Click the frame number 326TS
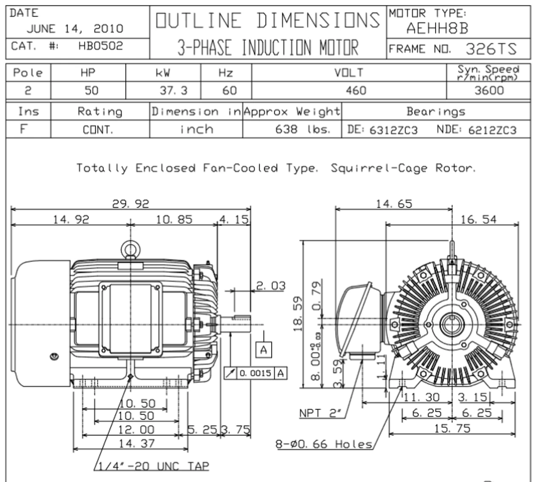[x=491, y=49]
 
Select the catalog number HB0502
[x=100, y=46]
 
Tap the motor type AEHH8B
[x=437, y=28]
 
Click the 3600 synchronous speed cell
[x=489, y=91]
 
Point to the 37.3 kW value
[x=174, y=91]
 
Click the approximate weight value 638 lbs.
[x=302, y=129]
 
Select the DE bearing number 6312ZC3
[x=393, y=130]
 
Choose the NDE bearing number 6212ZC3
[x=492, y=130]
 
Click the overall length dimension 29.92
[x=130, y=204]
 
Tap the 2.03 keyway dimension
[x=271, y=286]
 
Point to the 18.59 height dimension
[x=298, y=314]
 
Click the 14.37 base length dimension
[x=137, y=443]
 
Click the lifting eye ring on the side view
[x=130, y=249]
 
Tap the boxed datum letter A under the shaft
[x=264, y=350]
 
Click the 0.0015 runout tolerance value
[x=255, y=373]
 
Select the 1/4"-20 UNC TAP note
[x=154, y=466]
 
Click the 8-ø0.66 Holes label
[x=324, y=444]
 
